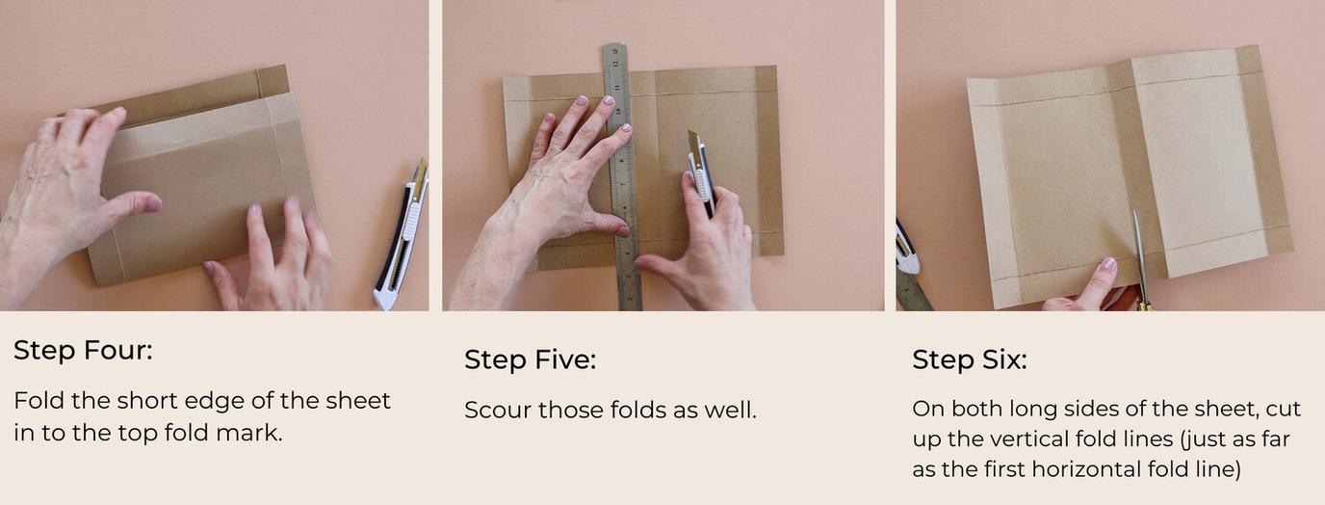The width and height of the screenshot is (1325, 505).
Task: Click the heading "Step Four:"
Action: click(83, 350)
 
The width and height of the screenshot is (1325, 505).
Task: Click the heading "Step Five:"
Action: click(530, 359)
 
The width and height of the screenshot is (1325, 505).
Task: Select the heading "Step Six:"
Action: click(969, 359)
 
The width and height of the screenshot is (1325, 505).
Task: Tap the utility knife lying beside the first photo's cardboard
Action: click(403, 236)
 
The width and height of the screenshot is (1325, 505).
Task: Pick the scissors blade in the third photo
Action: click(1140, 255)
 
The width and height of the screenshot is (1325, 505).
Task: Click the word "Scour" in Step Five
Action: click(498, 410)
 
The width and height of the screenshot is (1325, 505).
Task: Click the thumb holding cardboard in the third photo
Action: click(1097, 278)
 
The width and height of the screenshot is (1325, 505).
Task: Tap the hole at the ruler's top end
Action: click(615, 51)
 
